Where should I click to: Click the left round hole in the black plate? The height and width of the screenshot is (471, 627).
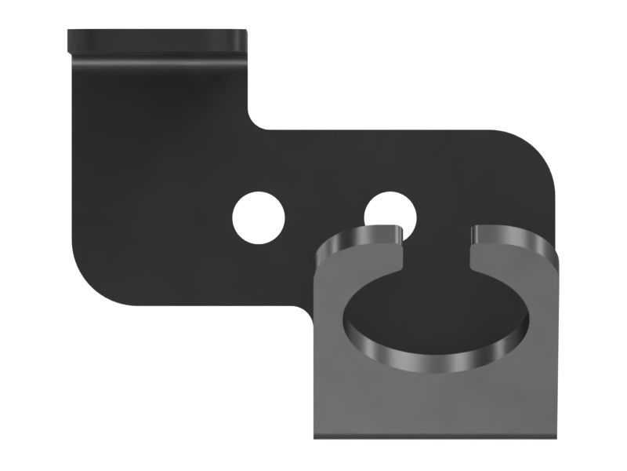pos(258,216)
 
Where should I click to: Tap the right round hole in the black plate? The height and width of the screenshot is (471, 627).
pos(390,210)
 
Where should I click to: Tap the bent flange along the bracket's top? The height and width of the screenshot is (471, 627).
pos(157,41)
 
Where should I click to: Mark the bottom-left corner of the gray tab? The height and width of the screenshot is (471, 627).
pos(317,436)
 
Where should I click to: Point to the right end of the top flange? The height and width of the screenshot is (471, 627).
pos(245,39)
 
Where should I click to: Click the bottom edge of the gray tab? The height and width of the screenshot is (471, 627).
pos(439,437)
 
